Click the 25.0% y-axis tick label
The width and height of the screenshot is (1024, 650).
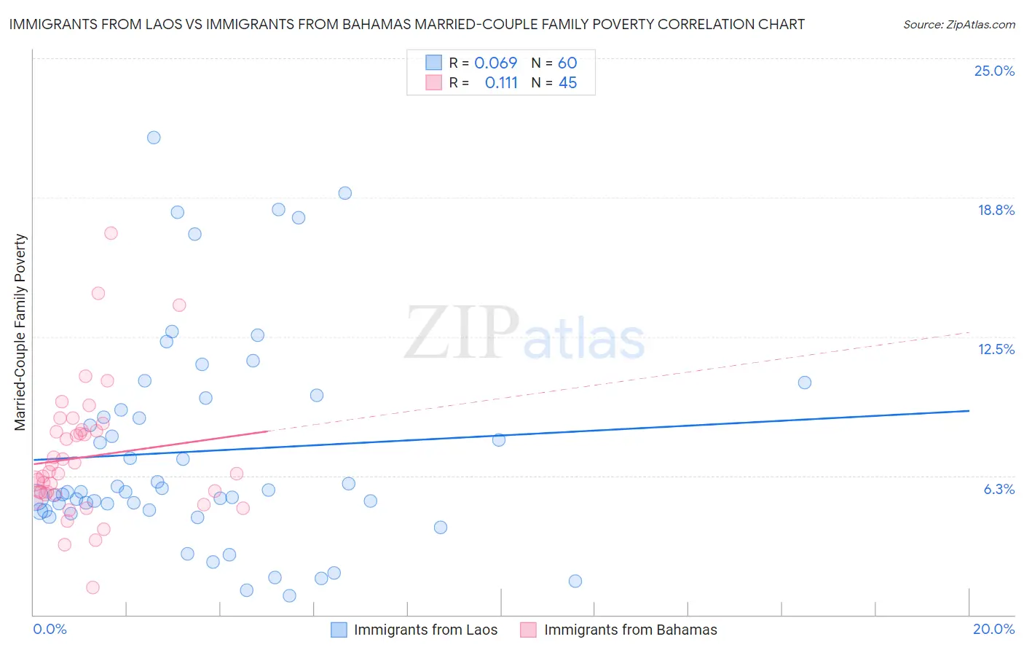click(x=994, y=71)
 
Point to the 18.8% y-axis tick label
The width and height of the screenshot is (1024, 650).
click(x=996, y=210)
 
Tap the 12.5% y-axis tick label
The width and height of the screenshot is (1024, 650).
click(x=996, y=349)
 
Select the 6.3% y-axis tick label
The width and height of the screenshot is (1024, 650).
click(x=999, y=489)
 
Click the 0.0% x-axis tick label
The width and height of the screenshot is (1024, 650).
click(x=50, y=629)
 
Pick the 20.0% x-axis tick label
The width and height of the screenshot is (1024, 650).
click(x=993, y=629)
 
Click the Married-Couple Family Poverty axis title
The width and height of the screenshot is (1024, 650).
click(x=20, y=332)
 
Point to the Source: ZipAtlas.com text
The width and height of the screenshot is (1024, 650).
click(x=958, y=24)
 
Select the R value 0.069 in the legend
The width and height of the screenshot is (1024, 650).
click(x=495, y=63)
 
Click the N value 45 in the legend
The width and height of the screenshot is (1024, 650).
click(x=567, y=82)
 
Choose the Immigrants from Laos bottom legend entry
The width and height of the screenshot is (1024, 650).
click(x=414, y=630)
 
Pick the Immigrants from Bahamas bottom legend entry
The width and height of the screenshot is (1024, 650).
click(x=619, y=630)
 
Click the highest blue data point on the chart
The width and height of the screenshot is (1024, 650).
click(x=154, y=138)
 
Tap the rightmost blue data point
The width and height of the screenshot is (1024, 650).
click(x=804, y=383)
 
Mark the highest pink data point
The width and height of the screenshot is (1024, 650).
click(x=111, y=233)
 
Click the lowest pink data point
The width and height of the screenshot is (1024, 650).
click(x=92, y=587)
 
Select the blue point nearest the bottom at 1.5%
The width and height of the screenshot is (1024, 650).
click(x=289, y=595)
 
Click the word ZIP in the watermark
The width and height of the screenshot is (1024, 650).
click(x=461, y=333)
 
